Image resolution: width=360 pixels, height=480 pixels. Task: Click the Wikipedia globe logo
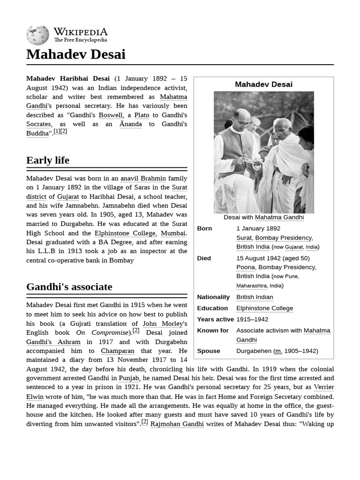click(37, 35)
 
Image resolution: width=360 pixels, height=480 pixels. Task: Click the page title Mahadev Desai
click(75, 54)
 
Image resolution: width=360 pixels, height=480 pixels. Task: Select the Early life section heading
click(48, 160)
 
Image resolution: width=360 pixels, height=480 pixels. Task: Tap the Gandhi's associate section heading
click(69, 287)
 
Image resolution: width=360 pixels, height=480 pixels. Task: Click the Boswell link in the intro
click(111, 115)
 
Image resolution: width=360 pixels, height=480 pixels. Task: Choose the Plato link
click(142, 115)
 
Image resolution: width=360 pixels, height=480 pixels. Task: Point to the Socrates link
click(38, 124)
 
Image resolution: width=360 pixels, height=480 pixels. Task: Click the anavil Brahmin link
click(143, 178)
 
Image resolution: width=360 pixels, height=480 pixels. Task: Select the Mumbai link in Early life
click(173, 233)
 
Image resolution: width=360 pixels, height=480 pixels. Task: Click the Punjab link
click(129, 378)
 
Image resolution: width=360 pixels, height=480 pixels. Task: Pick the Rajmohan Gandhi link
click(177, 424)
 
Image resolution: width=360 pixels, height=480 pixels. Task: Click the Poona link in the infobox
click(245, 267)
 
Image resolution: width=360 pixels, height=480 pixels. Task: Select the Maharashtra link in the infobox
click(251, 285)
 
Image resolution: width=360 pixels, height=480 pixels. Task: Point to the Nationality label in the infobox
click(213, 297)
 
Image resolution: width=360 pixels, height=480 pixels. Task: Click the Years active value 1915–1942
click(252, 319)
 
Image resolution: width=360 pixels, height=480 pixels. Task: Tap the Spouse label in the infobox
click(209, 351)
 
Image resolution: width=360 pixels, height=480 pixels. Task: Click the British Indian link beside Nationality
click(255, 297)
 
